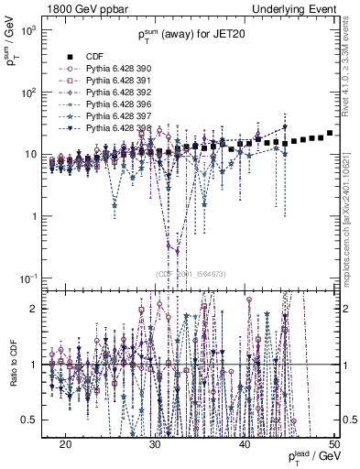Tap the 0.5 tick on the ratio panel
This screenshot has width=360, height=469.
pos(30,420)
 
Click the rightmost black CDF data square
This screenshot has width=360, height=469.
pos(330,133)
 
